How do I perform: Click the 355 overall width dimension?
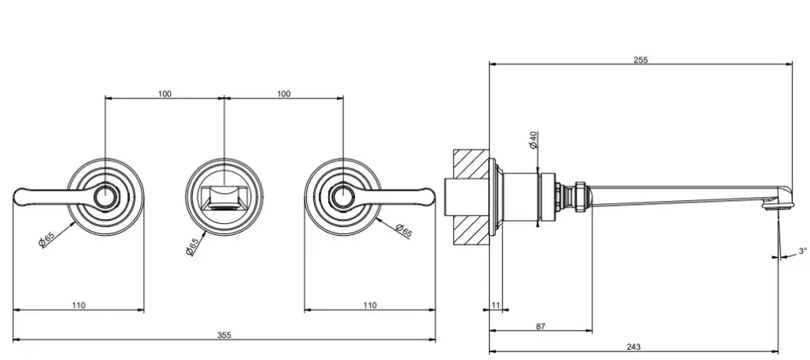(224, 335)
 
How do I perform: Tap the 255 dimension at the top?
(640, 60)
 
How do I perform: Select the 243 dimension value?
(634, 347)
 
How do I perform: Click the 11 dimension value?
(495, 305)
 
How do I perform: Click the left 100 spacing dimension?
(165, 93)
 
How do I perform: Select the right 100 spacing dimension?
(283, 93)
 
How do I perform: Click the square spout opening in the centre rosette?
(224, 196)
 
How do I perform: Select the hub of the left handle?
(104, 195)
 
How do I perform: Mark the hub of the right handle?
(343, 195)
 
